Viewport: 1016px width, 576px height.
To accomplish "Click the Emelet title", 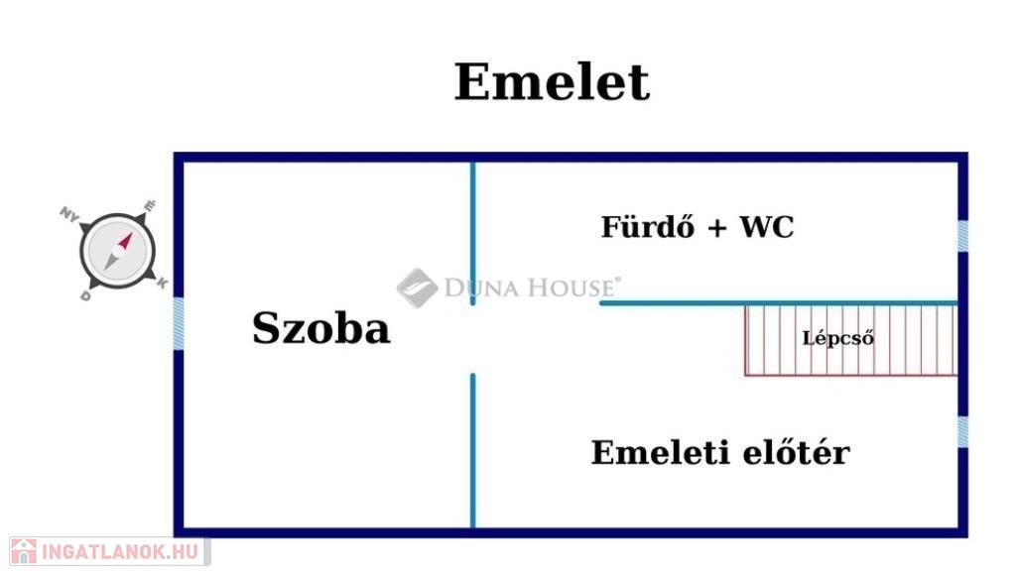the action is [x=552, y=82].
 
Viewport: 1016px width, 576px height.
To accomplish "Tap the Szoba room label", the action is [x=320, y=327].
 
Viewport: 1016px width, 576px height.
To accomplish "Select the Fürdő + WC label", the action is [x=698, y=226].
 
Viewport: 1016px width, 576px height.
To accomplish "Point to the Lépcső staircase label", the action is [x=837, y=338].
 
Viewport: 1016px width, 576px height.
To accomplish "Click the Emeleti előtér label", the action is [x=720, y=452].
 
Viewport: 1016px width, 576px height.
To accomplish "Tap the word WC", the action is [x=767, y=227].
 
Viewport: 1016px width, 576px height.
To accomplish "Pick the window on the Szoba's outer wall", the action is [x=179, y=323].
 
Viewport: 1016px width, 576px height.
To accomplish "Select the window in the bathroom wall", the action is [x=962, y=236].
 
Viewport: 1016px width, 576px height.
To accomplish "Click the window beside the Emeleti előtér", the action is [x=962, y=431].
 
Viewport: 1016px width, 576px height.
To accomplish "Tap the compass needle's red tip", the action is [x=126, y=240].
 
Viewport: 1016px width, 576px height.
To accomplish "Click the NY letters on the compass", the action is [x=68, y=213].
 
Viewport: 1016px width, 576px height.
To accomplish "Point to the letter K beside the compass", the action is [x=162, y=283].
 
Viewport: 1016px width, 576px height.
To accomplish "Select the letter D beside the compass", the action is [x=85, y=295].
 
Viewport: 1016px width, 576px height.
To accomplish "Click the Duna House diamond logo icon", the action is [x=418, y=288].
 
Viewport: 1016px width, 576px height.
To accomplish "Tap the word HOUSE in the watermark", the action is [x=571, y=288].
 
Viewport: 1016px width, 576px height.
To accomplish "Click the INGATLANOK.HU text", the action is [x=120, y=551].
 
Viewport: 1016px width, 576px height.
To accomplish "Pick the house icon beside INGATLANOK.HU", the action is [x=24, y=551].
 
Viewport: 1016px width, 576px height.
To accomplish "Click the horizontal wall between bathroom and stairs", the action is [x=778, y=303].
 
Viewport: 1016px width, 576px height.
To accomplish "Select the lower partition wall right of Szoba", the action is [x=473, y=450].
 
